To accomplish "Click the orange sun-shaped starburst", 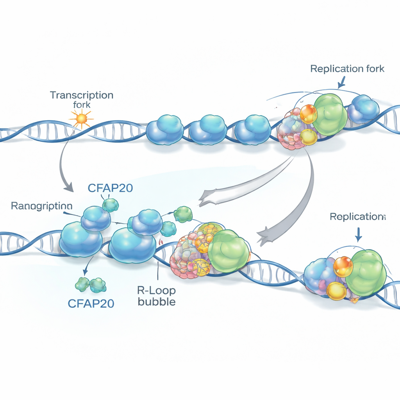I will coord(81,118).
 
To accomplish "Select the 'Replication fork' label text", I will coord(347,69).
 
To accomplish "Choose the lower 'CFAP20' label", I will coord(91,303).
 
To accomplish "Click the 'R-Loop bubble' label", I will coord(157,296).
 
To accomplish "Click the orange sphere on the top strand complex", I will coord(309,114).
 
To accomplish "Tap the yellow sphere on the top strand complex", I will coord(309,137).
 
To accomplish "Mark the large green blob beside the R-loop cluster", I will coord(229,251).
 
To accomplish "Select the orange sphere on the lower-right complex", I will coord(343,266).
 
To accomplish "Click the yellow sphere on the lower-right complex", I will coord(336,291).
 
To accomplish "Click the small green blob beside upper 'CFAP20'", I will coord(111,205).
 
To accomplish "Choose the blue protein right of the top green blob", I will coord(363,109).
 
